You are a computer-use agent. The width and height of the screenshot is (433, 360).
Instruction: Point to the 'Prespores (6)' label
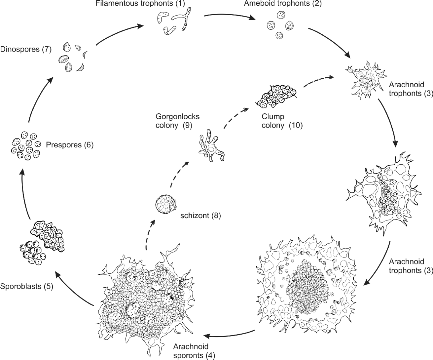70,145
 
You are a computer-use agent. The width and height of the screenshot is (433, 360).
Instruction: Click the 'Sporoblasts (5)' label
26,286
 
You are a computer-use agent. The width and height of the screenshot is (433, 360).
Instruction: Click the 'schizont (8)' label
200,216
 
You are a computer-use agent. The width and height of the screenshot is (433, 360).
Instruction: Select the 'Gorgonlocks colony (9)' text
178,121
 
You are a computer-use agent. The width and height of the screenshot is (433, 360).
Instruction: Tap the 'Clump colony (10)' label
282,121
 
